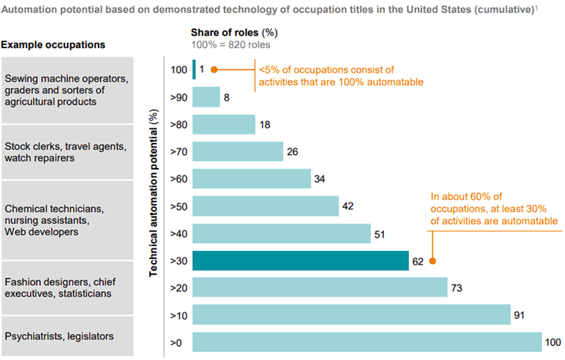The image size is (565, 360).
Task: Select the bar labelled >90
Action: (206, 97)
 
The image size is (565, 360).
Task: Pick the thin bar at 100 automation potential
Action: (194, 70)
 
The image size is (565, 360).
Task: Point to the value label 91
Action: (520, 314)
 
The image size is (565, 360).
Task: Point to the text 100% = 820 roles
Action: (229, 45)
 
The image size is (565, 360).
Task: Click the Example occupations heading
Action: (53, 44)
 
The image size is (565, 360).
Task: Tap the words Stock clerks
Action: (31, 145)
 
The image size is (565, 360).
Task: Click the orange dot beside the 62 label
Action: (433, 261)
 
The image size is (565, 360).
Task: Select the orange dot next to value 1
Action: (214, 70)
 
